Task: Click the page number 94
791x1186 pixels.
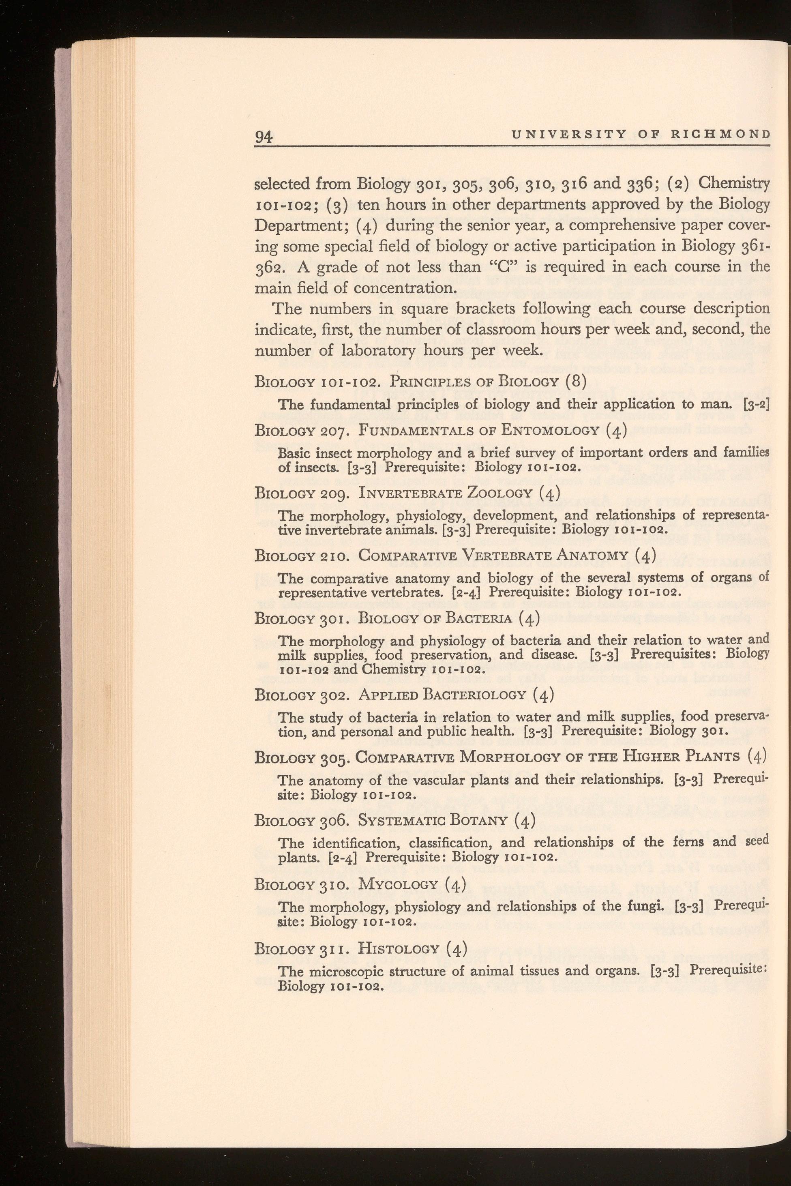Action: point(264,137)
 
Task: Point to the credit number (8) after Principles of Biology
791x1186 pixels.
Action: point(574,381)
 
